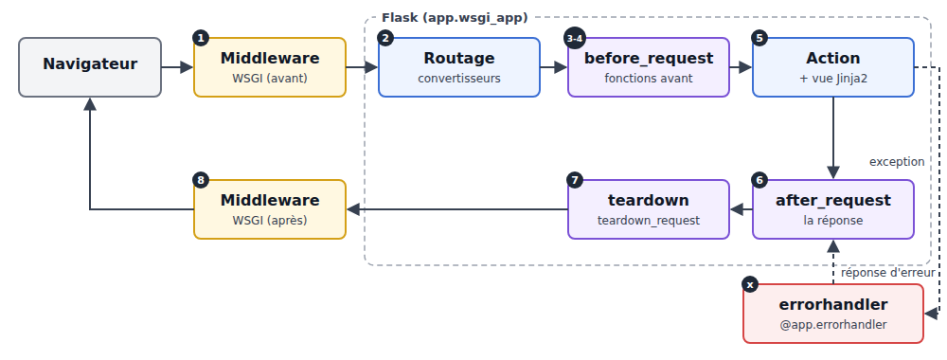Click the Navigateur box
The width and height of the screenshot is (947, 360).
(x=90, y=67)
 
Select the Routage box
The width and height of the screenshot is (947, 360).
(x=459, y=67)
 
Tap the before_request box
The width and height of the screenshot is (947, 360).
(x=649, y=67)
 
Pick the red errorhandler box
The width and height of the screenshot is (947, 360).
(x=833, y=314)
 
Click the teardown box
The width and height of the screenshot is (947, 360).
(x=649, y=209)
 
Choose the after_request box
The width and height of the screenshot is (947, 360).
(x=833, y=209)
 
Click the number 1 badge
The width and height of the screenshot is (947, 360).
(x=201, y=38)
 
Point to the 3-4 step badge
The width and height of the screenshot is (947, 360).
(x=575, y=38)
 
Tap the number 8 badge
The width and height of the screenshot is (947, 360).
(x=201, y=180)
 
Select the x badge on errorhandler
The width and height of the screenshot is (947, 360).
(x=750, y=284)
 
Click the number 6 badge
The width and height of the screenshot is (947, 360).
(x=759, y=180)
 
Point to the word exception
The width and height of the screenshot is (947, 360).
(x=897, y=162)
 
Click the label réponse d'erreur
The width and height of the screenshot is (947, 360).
(x=888, y=273)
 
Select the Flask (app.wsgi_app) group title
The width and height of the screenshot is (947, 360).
(x=455, y=18)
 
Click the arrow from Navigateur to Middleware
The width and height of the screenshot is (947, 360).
(x=178, y=67)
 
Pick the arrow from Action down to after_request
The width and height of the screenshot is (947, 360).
(x=833, y=138)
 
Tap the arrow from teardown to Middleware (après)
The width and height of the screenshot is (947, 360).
(x=457, y=209)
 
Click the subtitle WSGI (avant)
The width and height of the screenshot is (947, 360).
(x=270, y=79)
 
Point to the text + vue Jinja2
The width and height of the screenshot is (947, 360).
(x=833, y=79)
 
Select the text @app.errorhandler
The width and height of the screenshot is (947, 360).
(x=833, y=325)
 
